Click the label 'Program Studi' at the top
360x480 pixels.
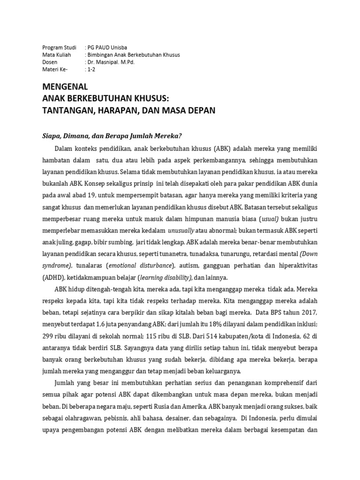pyautogui.click(x=59, y=47)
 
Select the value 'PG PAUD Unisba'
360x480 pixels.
pyautogui.click(x=107, y=47)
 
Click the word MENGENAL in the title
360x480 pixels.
pyautogui.click(x=65, y=87)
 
